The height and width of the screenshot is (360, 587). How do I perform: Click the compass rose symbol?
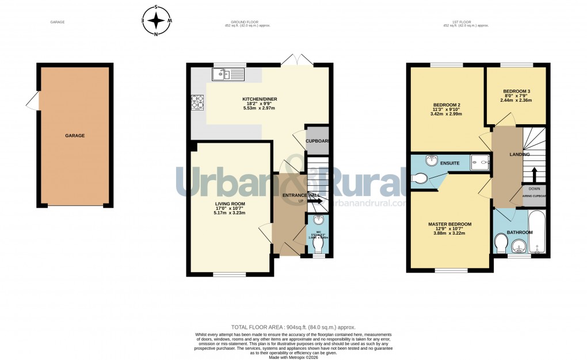(156, 21)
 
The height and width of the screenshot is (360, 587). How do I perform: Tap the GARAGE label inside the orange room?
(75, 136)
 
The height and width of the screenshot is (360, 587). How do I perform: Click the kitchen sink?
(228, 74)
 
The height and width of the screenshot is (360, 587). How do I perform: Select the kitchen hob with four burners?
(197, 102)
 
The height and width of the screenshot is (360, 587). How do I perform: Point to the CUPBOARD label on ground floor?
(317, 141)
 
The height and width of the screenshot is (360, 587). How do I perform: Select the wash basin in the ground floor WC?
(319, 220)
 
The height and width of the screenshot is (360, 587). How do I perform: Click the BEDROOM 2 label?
(446, 105)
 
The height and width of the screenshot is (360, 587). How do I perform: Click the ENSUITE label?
(450, 163)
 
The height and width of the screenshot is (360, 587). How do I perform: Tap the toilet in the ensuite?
(420, 180)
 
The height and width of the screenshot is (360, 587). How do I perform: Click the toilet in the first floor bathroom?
(501, 245)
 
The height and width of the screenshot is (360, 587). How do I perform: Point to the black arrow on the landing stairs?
(533, 174)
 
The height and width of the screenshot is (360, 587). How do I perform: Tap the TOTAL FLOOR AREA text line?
(293, 326)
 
